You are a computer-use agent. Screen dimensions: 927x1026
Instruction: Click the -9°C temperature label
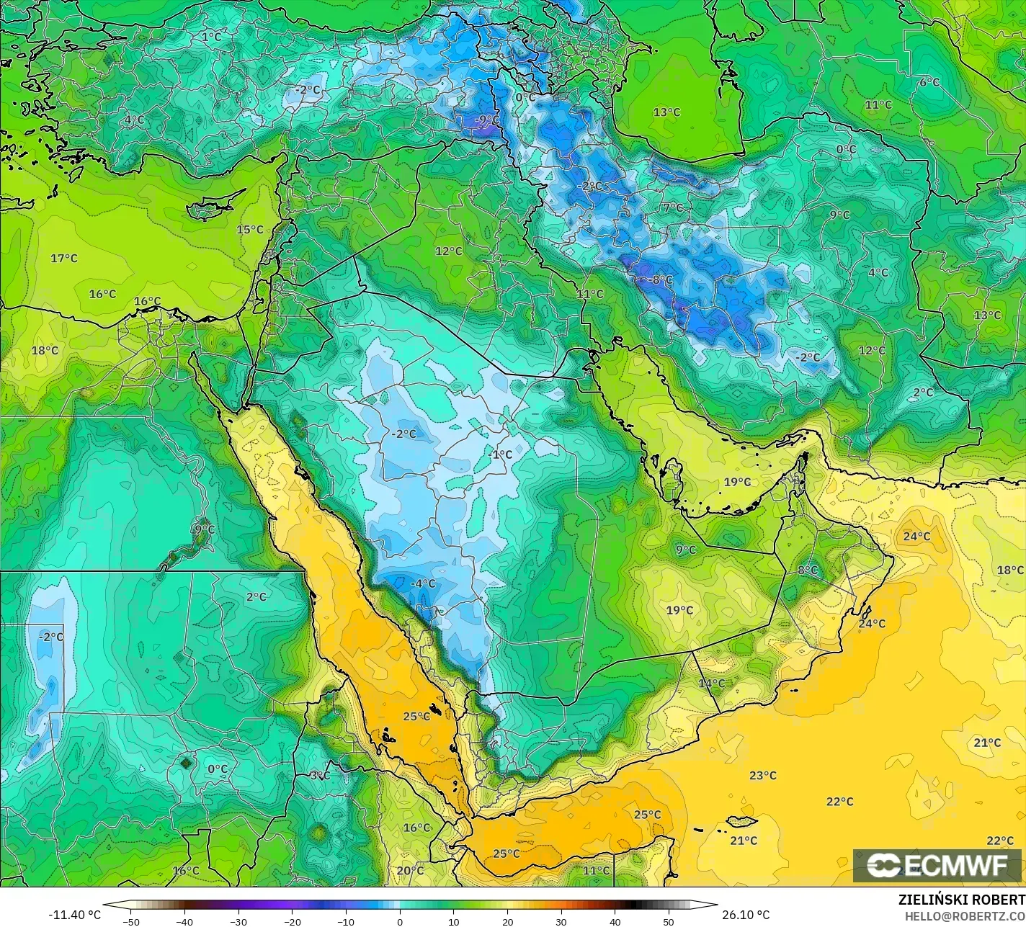tap(487, 120)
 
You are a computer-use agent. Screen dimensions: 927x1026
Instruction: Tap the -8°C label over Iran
tap(660, 279)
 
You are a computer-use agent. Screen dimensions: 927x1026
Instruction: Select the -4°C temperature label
tap(423, 583)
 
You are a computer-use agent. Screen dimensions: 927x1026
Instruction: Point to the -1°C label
tap(500, 454)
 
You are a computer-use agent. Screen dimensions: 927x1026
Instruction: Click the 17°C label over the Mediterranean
tap(64, 258)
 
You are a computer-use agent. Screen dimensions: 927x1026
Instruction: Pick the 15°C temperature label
tap(250, 230)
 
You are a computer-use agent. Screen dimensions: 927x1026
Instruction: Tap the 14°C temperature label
tap(712, 683)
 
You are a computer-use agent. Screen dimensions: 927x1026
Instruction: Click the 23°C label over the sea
tap(762, 776)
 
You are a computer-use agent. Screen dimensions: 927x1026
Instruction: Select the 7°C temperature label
tap(673, 207)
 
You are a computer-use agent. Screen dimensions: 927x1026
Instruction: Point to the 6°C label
tap(929, 82)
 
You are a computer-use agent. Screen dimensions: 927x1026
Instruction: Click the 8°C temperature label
tap(808, 570)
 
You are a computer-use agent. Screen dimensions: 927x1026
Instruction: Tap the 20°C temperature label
tap(410, 870)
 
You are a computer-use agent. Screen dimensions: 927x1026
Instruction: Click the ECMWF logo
tap(937, 866)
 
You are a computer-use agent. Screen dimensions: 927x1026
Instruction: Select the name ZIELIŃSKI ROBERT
tap(961, 900)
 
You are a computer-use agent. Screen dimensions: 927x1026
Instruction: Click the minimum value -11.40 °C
tap(74, 915)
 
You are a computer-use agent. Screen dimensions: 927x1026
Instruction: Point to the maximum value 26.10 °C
tap(747, 915)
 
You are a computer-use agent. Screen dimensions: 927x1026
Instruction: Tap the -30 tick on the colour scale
tap(238, 921)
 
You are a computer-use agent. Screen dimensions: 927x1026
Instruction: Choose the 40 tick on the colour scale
tap(615, 921)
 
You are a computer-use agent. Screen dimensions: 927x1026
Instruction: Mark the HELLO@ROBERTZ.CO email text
tap(965, 916)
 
